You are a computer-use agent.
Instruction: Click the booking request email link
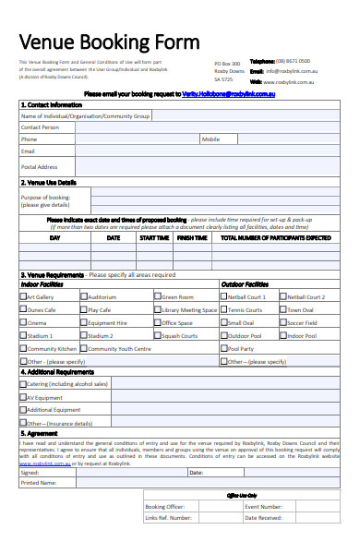click(x=229, y=94)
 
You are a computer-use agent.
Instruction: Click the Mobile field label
click(x=211, y=138)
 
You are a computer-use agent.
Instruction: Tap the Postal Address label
click(x=40, y=166)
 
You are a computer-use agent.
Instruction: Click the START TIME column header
click(x=153, y=237)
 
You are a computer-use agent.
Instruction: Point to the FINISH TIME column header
click(x=192, y=237)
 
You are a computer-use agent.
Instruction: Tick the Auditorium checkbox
click(x=85, y=297)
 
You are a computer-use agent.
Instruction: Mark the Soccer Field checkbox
click(x=283, y=323)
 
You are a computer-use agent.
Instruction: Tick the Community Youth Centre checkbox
click(x=85, y=349)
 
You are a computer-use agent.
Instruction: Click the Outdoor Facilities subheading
click(x=245, y=284)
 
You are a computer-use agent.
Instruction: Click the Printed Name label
click(x=38, y=482)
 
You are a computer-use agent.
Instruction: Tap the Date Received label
click(x=263, y=518)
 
